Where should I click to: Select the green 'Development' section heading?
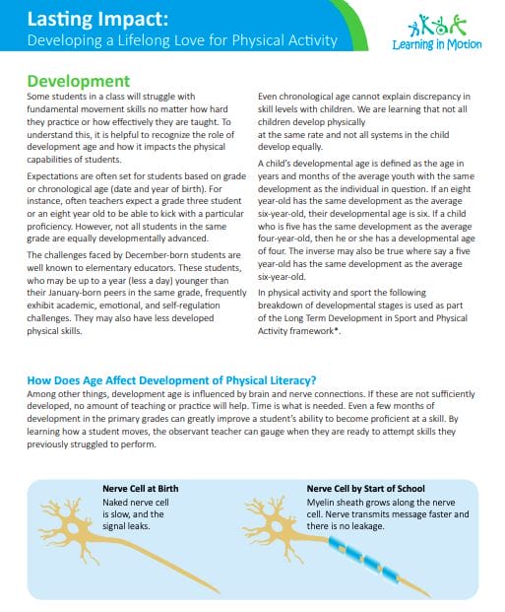point(78,81)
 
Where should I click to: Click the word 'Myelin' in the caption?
point(323,501)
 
